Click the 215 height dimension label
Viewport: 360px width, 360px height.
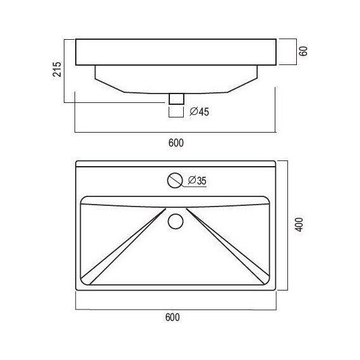[x=57, y=70]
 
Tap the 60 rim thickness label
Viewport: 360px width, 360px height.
[x=303, y=51]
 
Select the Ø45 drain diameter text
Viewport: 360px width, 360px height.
[x=200, y=112]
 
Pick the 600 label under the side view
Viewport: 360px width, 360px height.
[x=176, y=143]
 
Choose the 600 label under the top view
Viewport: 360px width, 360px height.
[x=176, y=318]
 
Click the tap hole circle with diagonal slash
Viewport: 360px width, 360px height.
[x=175, y=181]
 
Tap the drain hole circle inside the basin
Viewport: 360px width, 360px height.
[x=176, y=221]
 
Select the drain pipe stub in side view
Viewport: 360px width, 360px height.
[x=176, y=98]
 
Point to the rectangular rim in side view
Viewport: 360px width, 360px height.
[x=176, y=52]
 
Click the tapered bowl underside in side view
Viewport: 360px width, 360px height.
[x=176, y=79]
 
